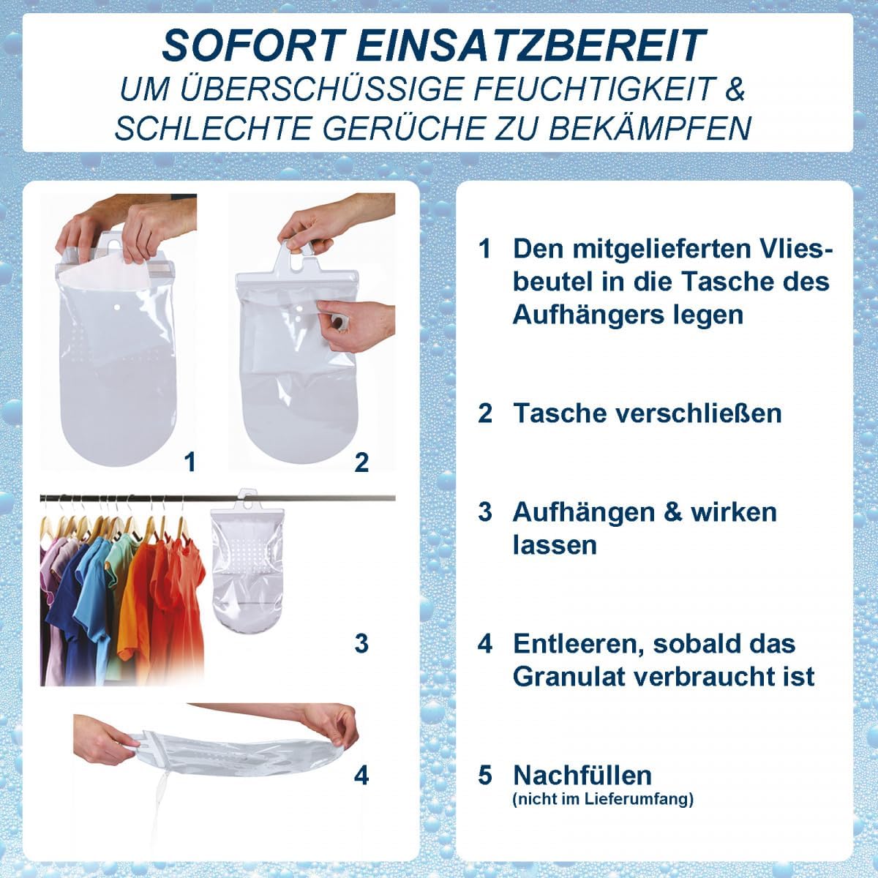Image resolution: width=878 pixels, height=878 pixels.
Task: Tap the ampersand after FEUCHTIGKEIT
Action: [734, 89]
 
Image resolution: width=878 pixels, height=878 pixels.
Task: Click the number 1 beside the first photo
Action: [190, 462]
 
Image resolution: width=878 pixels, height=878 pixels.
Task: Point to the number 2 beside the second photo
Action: [361, 462]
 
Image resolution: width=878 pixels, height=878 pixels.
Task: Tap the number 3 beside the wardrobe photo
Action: [361, 643]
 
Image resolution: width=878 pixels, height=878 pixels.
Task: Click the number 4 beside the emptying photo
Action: [361, 775]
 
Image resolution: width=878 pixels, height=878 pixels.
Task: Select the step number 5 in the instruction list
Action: [485, 775]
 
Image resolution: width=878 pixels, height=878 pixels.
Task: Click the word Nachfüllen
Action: [582, 775]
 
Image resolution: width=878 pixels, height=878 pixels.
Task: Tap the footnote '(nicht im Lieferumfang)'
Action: [603, 799]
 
